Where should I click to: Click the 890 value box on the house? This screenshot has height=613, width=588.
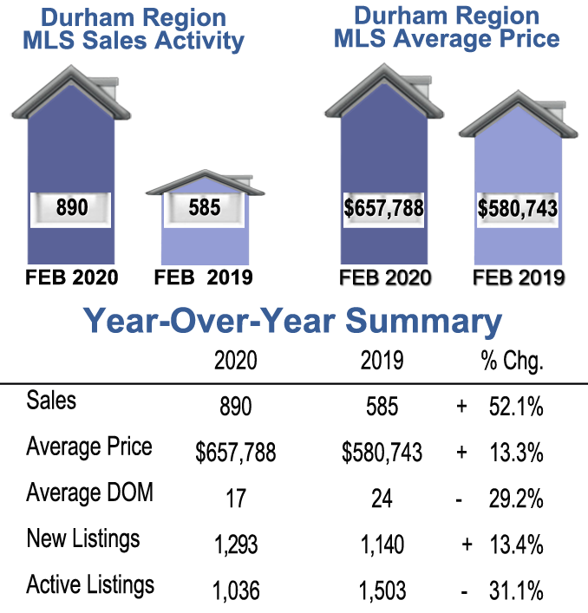pyautogui.click(x=71, y=208)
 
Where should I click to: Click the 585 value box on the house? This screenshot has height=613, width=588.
pyautogui.click(x=205, y=208)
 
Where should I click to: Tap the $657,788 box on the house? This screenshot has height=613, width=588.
pyautogui.click(x=384, y=208)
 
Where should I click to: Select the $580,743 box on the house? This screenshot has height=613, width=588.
pyautogui.click(x=518, y=208)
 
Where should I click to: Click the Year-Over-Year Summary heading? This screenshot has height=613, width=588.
pyautogui.click(x=293, y=322)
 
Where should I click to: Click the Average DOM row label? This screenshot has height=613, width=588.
pyautogui.click(x=89, y=493)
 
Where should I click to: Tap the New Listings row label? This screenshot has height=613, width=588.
pyautogui.click(x=82, y=539)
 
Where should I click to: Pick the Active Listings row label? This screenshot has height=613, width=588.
pyautogui.click(x=90, y=584)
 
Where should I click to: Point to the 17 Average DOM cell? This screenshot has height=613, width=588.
pyautogui.click(x=235, y=499)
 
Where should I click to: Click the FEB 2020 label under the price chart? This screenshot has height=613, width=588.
pyautogui.click(x=383, y=277)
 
